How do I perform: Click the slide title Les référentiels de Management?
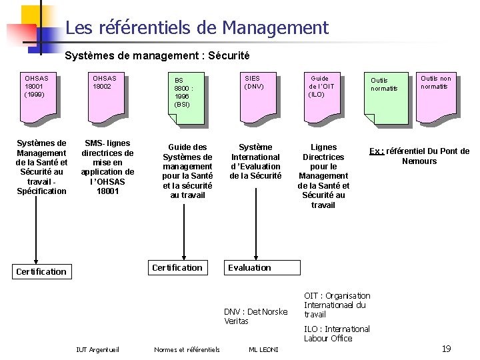pyautogui.click(x=197, y=28)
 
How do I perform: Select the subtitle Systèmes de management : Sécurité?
pyautogui.click(x=157, y=55)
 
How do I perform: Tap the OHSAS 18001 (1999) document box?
pyautogui.click(x=38, y=97)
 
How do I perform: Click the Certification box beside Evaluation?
pyautogui.click(x=177, y=267)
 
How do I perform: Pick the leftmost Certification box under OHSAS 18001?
pyautogui.click(x=41, y=271)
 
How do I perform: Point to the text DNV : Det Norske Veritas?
pyautogui.click(x=256, y=316)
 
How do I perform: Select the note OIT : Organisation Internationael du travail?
pyautogui.click(x=337, y=305)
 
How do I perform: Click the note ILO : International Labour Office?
pyautogui.click(x=337, y=333)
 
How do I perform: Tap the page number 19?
pyautogui.click(x=447, y=349)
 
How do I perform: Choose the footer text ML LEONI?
pyautogui.click(x=263, y=349)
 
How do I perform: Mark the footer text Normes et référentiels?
pyautogui.click(x=187, y=349)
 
